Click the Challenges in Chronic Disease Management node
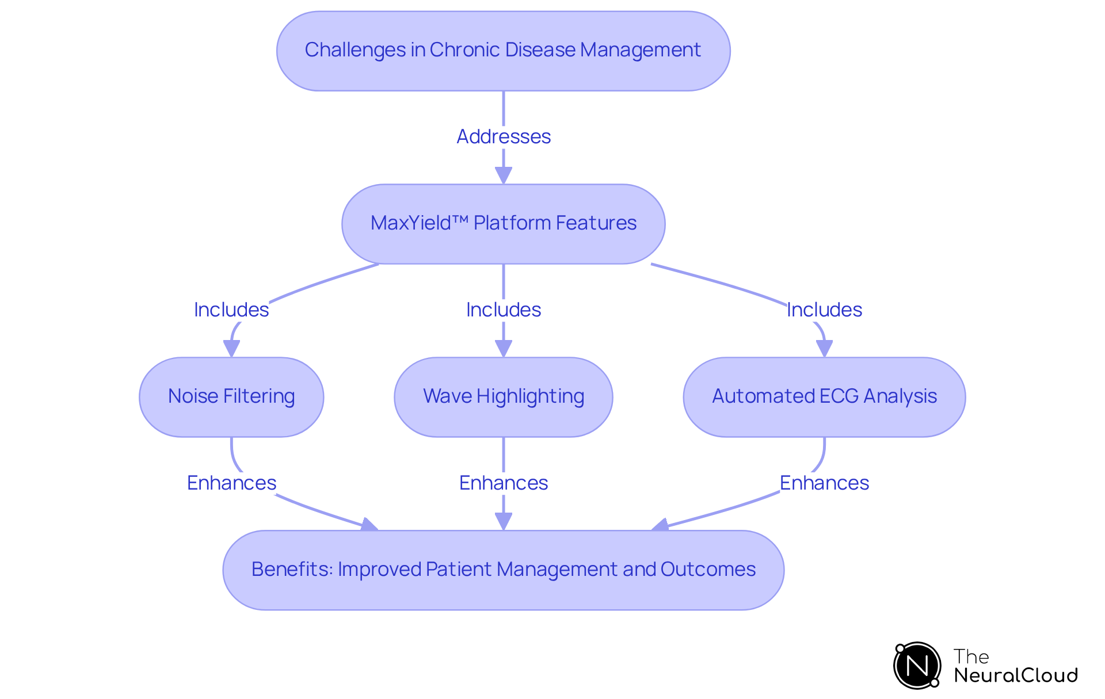(503, 51)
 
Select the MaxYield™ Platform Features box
(503, 224)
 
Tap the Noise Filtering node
(231, 397)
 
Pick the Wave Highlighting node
(503, 397)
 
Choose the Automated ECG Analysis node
(824, 397)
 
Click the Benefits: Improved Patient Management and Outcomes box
(503, 570)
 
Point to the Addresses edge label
(503, 137)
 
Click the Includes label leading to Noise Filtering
(231, 310)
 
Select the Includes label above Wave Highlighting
(503, 310)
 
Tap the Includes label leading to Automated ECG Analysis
(824, 310)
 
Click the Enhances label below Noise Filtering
(231, 483)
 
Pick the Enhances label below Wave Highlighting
(503, 483)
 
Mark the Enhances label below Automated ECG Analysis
(824, 483)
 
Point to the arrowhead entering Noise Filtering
(231, 349)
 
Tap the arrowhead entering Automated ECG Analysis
(824, 349)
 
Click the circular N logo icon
(917, 666)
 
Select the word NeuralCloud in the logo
(1016, 675)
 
